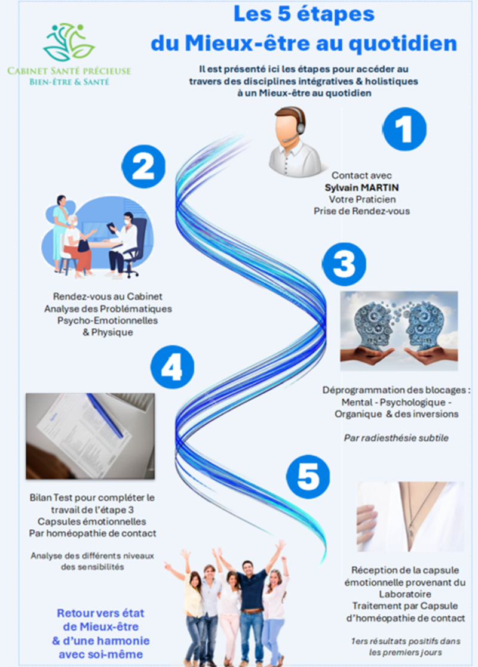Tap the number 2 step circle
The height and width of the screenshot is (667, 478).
143,166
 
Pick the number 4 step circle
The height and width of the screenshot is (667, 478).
172,369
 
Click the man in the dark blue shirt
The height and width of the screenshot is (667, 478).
252,603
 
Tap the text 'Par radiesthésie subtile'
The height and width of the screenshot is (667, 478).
396,437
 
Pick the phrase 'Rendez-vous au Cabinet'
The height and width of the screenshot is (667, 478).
108,297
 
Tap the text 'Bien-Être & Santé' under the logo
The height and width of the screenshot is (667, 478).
69,82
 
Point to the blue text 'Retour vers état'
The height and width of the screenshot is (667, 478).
100,613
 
